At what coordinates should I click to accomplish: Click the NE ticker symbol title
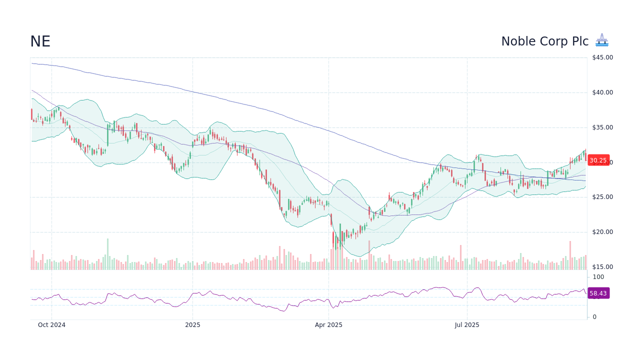pos(40,41)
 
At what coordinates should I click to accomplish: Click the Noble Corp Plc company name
pos(544,41)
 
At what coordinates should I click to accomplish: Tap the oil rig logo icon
pos(602,40)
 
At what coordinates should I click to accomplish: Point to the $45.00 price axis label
pos(602,57)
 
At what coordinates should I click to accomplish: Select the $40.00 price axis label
pos(602,92)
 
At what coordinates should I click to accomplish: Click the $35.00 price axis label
pos(602,127)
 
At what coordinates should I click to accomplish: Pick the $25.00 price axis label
pos(602,197)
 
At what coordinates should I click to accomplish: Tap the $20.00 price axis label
pos(602,232)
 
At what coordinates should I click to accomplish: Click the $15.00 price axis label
pos(602,267)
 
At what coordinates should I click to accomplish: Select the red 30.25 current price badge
pos(598,160)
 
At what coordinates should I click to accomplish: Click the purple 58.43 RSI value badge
pos(598,293)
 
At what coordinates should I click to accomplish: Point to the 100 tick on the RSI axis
pos(598,277)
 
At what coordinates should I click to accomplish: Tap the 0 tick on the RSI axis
pos(594,317)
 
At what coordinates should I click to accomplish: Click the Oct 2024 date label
pos(51,325)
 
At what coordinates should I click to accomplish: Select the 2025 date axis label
pos(192,325)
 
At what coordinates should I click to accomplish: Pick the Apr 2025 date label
pos(328,325)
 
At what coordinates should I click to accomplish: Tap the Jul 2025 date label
pos(467,325)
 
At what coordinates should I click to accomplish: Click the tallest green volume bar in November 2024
pos(107,254)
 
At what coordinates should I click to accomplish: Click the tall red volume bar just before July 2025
pos(460,257)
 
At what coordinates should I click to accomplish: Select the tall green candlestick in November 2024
pos(107,135)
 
